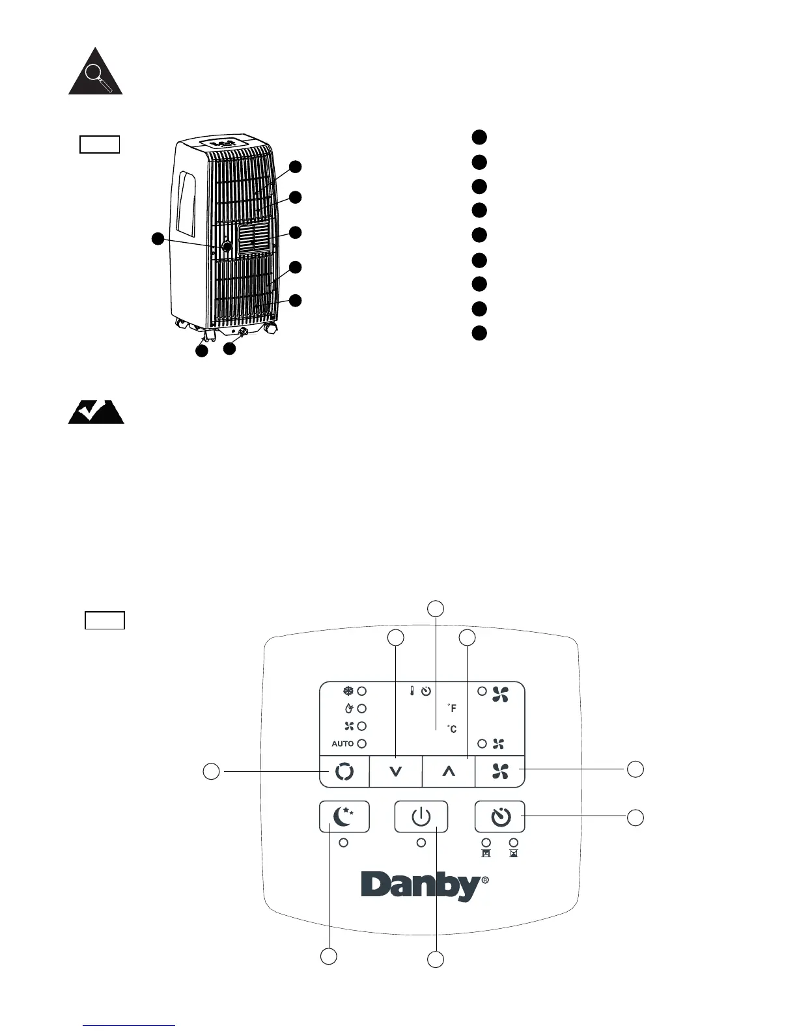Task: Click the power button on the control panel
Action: tap(421, 816)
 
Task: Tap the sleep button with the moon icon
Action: tap(344, 816)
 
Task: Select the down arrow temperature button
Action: tap(396, 771)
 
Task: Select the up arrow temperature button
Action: tap(448, 771)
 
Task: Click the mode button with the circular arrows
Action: tap(344, 771)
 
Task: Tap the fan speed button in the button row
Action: tap(500, 771)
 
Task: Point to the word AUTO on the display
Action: tap(343, 743)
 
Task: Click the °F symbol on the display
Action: tap(452, 708)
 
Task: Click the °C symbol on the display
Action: tap(452, 729)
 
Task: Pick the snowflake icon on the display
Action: tap(348, 691)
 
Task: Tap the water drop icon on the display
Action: tap(348, 708)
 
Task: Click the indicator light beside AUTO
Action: tap(362, 743)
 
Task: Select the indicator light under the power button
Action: tap(421, 842)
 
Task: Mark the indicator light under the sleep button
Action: tap(344, 842)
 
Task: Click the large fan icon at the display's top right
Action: tap(500, 694)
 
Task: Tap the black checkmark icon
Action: tap(96, 412)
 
